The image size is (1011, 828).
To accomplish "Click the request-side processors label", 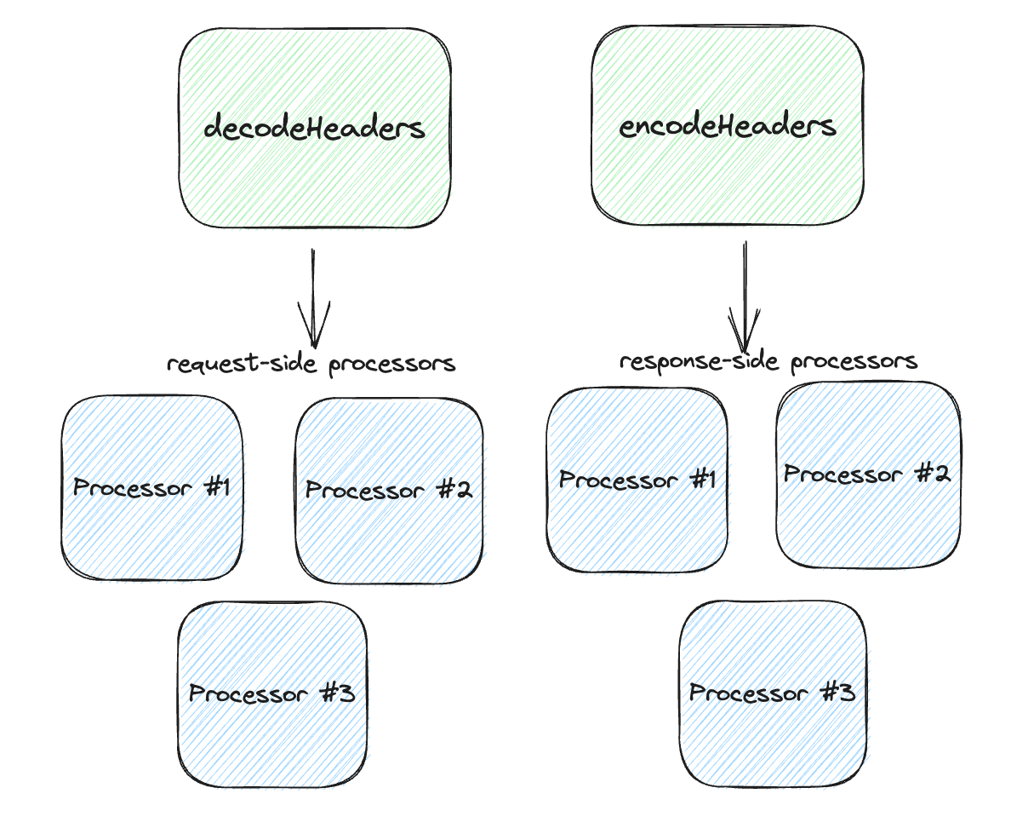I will (311, 365).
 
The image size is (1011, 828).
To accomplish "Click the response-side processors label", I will (768, 361).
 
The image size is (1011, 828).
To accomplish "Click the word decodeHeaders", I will (314, 129).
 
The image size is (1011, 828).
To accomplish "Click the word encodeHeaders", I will (728, 127).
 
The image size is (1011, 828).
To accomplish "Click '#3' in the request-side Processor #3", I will (334, 693).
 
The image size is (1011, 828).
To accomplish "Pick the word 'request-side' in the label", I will (244, 365).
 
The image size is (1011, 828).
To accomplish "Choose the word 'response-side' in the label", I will (701, 361).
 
